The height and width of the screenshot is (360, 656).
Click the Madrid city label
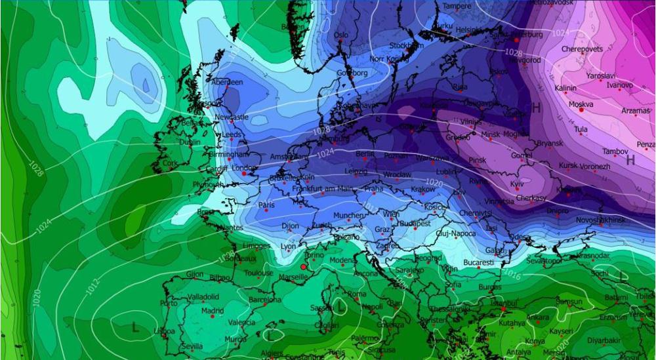click(x=213, y=310)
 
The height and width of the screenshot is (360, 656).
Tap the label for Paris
click(x=266, y=205)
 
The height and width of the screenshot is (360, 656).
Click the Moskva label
click(x=581, y=104)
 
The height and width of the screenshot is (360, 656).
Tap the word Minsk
click(x=491, y=134)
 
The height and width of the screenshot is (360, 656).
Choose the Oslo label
click(x=341, y=35)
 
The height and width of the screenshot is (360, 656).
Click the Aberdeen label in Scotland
click(x=227, y=83)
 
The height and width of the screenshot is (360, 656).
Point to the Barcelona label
click(x=265, y=300)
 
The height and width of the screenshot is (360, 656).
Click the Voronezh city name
click(x=595, y=167)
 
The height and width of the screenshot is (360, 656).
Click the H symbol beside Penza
click(x=630, y=159)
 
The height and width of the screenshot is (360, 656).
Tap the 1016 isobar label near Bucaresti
click(x=512, y=273)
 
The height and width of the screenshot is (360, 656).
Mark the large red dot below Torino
click(x=303, y=267)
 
